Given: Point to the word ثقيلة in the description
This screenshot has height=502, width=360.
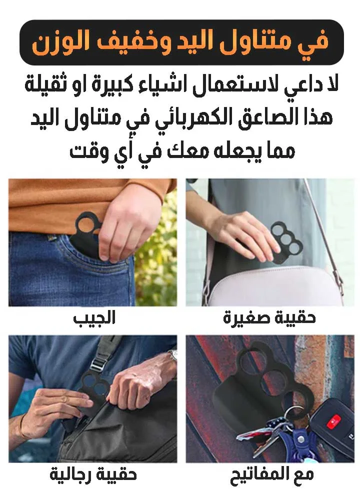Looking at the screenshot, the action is tap(42, 84).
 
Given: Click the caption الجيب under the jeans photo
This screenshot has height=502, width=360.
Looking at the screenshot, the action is tap(94, 318).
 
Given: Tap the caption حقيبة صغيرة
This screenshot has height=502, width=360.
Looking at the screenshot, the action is tap(269, 318).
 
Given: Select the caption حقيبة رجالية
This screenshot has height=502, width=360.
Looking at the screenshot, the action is tap(93, 474).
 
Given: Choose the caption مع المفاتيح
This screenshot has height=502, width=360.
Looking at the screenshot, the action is tap(271, 475).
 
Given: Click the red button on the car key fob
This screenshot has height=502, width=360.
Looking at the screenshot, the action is tap(333, 420).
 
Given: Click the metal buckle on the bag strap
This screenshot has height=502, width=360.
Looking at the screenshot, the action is tap(99, 363).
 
